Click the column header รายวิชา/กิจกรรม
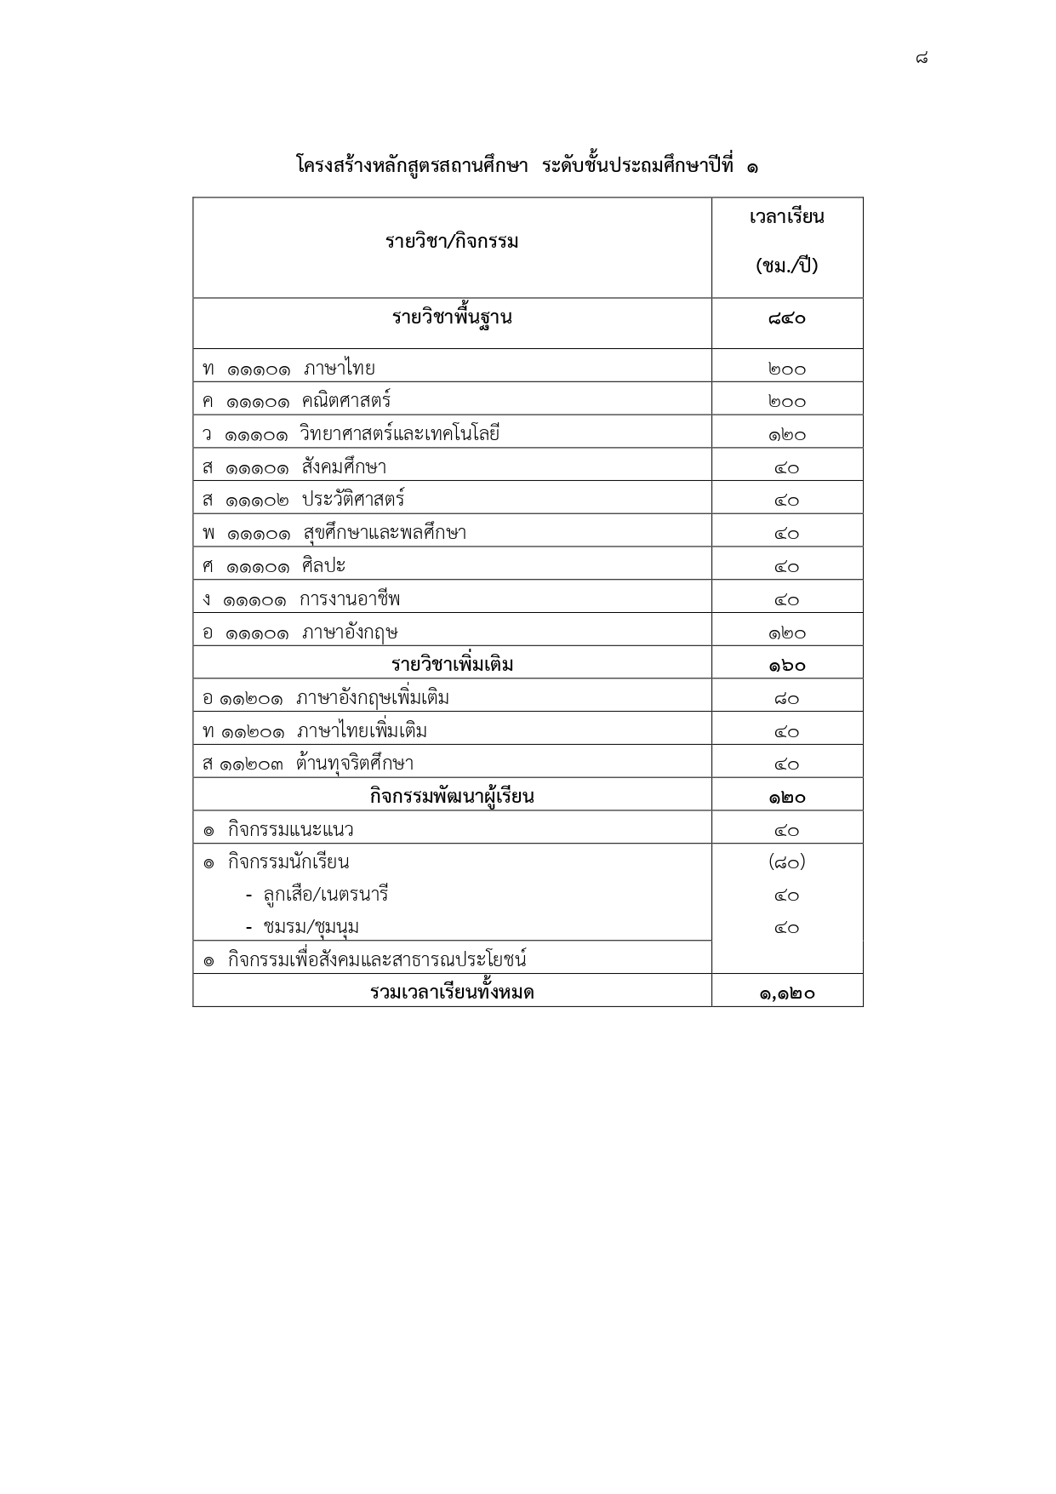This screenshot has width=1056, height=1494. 452,242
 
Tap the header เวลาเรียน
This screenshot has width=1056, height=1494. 787,217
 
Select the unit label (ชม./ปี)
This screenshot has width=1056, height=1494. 787,266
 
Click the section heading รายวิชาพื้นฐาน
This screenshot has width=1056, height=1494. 452,318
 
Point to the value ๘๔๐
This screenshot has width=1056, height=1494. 787,319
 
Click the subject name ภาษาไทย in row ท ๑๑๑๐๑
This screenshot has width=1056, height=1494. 339,369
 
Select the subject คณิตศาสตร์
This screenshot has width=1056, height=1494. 345,401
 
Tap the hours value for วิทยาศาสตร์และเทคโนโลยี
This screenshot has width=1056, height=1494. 787,435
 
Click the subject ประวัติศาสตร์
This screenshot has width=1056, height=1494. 353,500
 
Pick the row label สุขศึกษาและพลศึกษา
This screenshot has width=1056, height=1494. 385,534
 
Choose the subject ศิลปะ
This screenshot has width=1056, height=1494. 323,566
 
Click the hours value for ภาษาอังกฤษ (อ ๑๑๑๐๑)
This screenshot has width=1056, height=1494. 787,633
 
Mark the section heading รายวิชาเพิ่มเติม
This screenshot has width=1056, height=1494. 452,665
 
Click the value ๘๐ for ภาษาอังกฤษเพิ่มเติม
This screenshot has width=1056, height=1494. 787,699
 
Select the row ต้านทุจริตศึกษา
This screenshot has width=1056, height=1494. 355,764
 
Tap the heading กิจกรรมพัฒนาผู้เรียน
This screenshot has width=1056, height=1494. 452,797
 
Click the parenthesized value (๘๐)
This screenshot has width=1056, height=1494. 787,862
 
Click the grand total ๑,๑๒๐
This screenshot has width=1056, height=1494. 787,993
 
